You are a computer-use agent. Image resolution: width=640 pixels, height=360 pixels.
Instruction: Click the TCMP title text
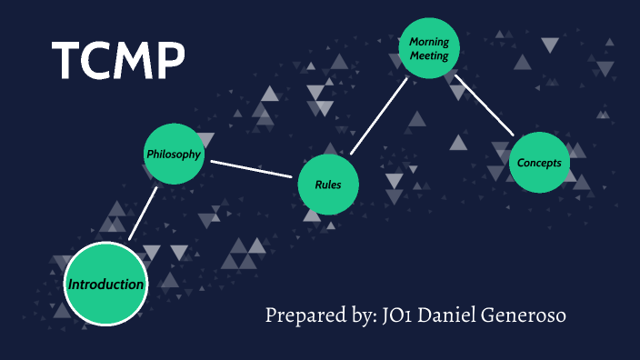[x=118, y=61]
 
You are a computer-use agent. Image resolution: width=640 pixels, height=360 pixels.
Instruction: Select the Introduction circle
[x=105, y=285]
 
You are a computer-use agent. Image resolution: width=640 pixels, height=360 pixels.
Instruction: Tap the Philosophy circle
[x=174, y=154]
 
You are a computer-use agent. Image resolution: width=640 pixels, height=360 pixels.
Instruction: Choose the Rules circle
[x=328, y=185]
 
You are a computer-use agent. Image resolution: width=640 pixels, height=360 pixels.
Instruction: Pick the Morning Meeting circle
[x=430, y=48]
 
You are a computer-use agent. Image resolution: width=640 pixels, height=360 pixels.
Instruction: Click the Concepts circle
[x=539, y=163]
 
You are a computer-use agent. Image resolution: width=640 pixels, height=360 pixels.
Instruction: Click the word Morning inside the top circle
[x=430, y=42]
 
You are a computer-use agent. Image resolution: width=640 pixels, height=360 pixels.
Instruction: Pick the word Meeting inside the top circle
[x=430, y=55]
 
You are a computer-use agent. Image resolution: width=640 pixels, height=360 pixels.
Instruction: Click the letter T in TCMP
[x=68, y=61]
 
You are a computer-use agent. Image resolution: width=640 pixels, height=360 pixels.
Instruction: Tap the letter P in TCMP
[x=168, y=61]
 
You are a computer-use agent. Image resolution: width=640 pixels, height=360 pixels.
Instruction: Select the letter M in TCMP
[x=132, y=61]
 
